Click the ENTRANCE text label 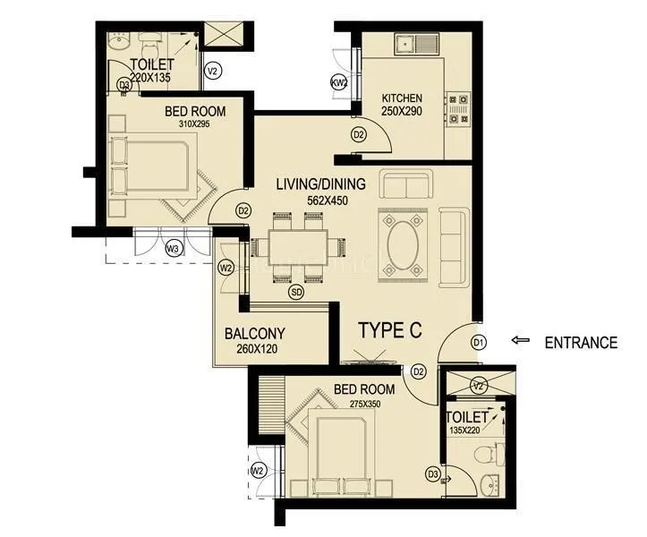582,342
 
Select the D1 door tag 479,342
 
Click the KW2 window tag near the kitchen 338,82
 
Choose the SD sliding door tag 294,291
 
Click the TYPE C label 389,329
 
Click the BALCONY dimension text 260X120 256,351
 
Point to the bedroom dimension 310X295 193,125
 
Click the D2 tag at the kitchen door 359,135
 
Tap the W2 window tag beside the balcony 226,268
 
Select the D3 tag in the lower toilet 432,474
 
